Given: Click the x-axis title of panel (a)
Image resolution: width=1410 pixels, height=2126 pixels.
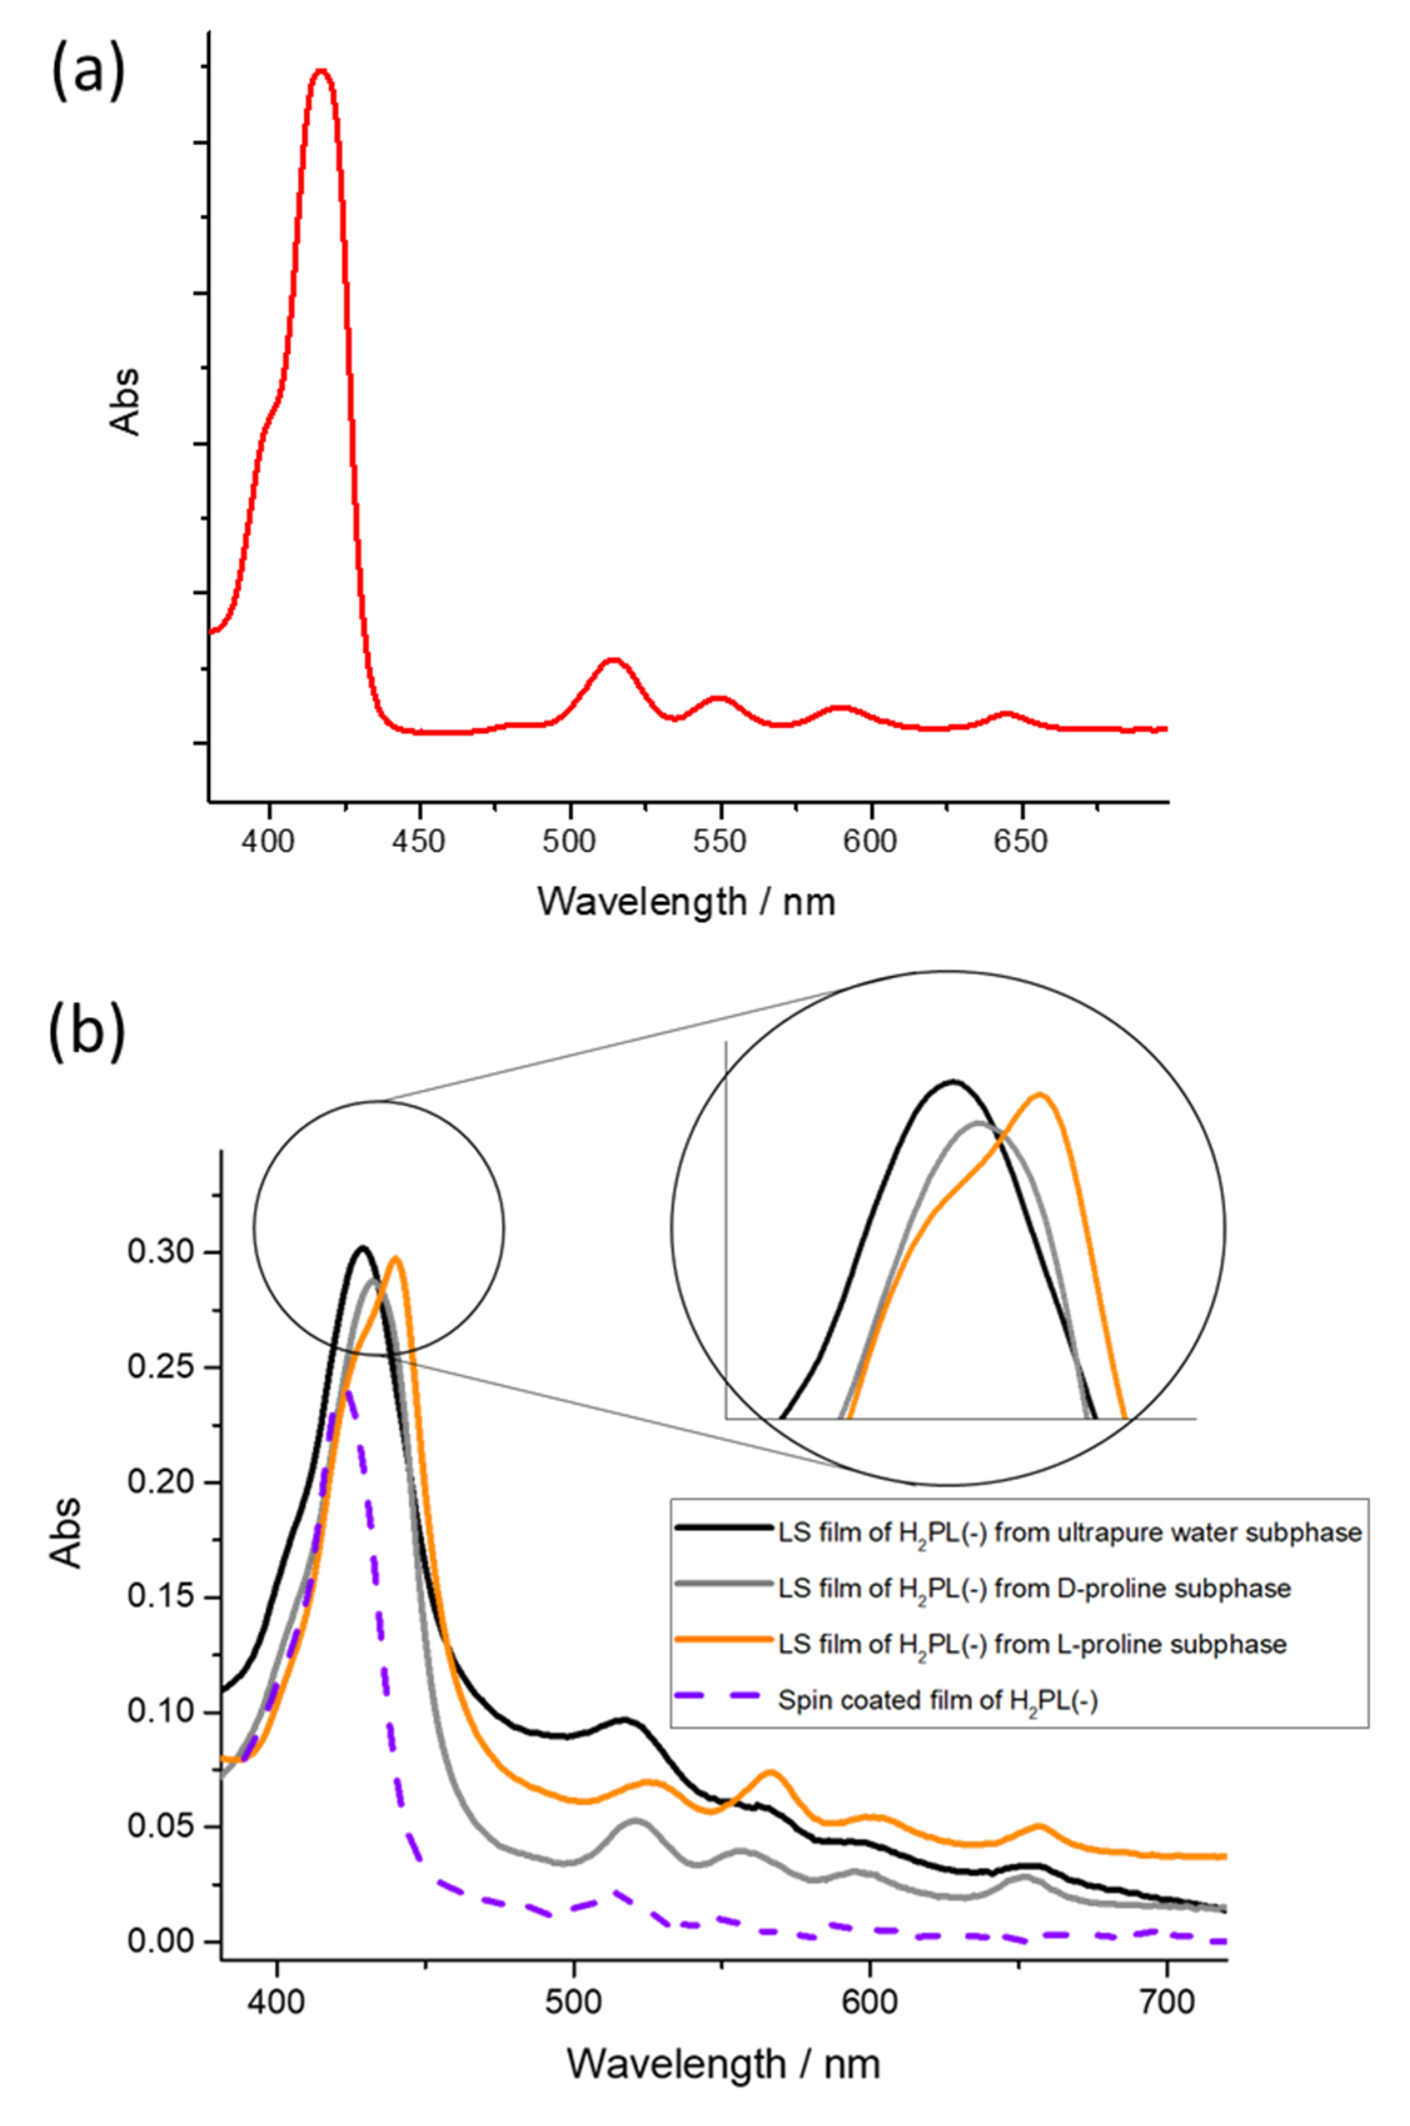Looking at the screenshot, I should point(686,901).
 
